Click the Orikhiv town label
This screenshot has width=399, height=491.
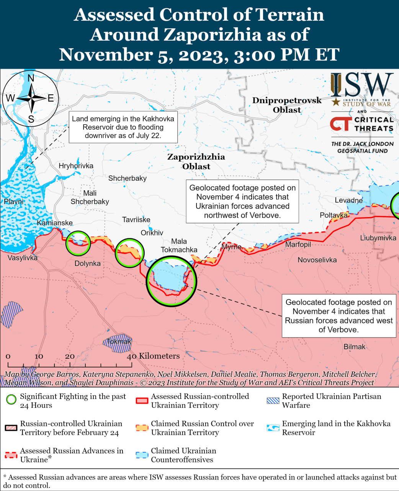pos(152,233)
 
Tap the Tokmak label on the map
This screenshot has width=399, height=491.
pos(119,341)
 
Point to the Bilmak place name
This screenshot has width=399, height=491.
pos(354,347)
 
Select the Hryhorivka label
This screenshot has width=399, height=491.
pos(76,166)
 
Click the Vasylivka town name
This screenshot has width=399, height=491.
pos(23,258)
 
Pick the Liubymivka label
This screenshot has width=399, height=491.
pos(378,238)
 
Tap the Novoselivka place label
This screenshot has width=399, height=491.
pos(317,260)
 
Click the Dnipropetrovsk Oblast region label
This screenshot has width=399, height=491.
pos(287,105)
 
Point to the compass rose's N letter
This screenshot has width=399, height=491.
pos(31,78)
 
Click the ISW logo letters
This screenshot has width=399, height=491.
pos(362,85)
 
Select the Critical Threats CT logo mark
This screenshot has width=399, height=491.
pos(340,124)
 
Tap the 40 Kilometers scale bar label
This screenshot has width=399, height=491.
pos(154,356)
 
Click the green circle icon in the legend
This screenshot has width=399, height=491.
pos(11,400)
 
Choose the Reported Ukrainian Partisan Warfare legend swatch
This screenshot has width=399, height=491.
pos(273,400)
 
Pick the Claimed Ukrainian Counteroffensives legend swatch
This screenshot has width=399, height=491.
pos(142,455)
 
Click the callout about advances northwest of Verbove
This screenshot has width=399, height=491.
pos(242,201)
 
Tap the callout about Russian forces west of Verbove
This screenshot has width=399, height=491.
pos(338,316)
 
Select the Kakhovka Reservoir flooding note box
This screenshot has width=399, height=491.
pos(123,127)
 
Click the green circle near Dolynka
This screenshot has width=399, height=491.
pos(78,243)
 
